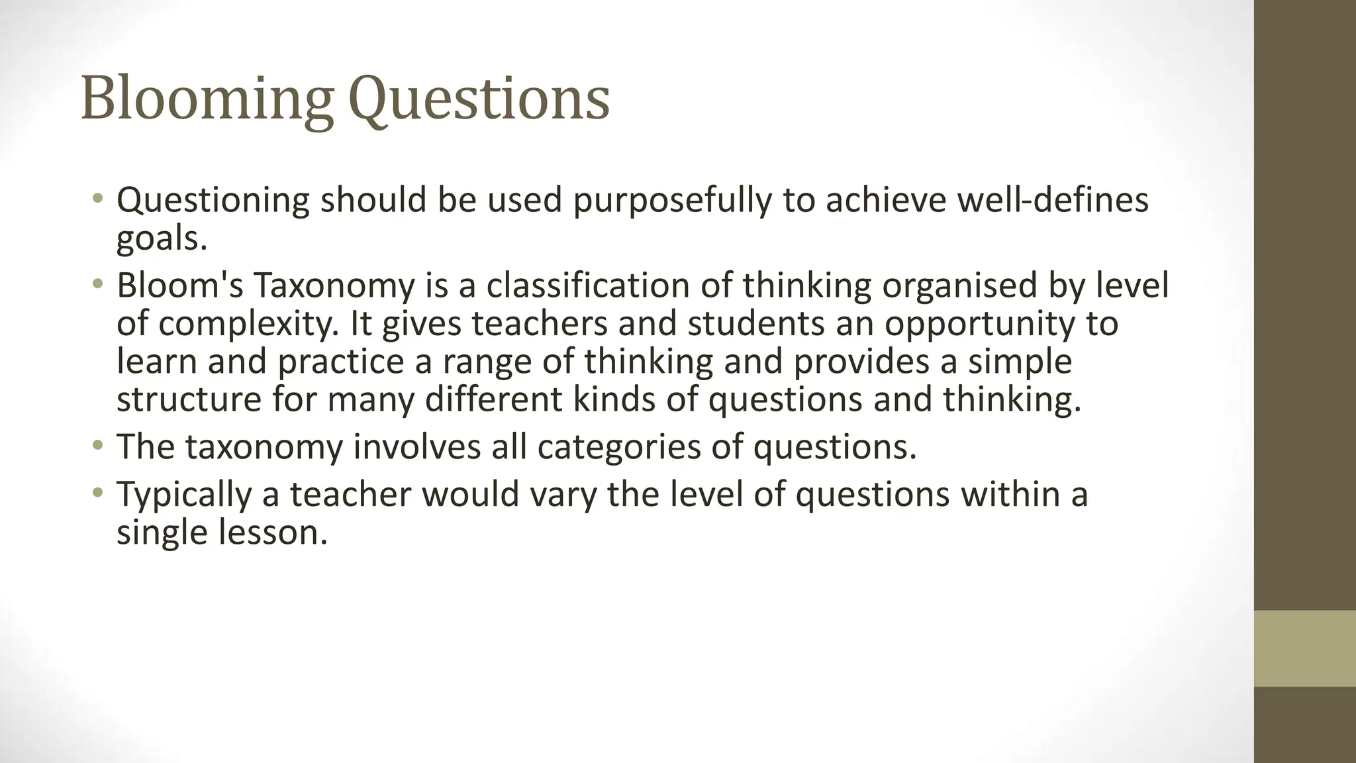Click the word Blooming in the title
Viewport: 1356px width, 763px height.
point(206,99)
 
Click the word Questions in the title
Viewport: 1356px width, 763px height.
point(478,99)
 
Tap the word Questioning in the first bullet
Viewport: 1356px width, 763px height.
point(213,201)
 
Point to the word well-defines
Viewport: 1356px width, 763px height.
point(1053,201)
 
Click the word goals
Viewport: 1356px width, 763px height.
point(162,238)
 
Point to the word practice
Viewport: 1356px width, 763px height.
point(340,362)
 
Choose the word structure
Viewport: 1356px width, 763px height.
point(189,399)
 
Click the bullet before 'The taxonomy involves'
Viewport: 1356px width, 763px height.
point(98,446)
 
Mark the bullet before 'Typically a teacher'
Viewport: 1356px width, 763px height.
point(98,493)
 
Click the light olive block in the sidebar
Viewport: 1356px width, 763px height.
point(1304,648)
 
